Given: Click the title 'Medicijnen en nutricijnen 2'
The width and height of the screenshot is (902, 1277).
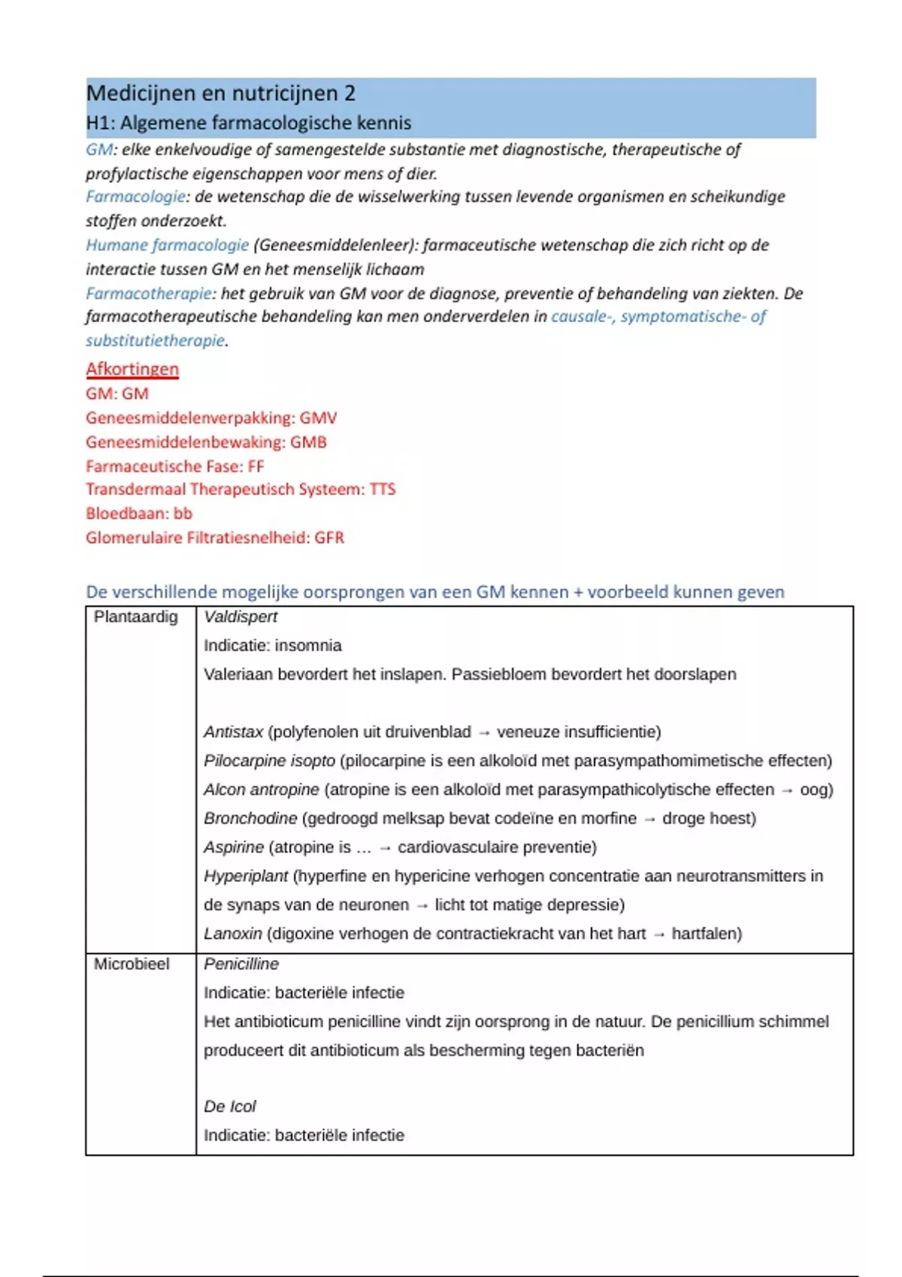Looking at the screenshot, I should (220, 93).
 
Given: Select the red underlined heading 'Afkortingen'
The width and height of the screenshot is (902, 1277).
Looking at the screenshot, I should (132, 369).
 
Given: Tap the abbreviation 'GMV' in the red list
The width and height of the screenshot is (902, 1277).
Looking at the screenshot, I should (319, 418).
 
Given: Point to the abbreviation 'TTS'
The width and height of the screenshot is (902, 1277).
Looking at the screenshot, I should (383, 489).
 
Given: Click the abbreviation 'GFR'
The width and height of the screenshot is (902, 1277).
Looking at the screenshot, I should (329, 538).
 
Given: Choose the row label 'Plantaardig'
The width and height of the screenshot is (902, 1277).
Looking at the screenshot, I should (135, 617).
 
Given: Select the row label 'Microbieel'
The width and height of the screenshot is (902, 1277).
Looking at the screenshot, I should (132, 964).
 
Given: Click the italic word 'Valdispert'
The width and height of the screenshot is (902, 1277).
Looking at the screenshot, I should (241, 617).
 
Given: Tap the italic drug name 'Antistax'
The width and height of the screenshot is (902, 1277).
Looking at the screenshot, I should (234, 732).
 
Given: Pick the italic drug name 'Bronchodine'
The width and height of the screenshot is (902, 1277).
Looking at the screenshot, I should (250, 818).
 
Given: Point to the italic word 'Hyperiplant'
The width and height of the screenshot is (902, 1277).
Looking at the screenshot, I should (246, 876).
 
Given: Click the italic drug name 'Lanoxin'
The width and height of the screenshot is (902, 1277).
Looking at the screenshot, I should (233, 934).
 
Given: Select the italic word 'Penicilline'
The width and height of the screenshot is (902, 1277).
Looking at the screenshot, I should (241, 964).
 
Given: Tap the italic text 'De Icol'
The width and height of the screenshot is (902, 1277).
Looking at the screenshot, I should (230, 1106).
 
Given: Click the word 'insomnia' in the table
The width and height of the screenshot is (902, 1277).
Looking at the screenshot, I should (308, 645).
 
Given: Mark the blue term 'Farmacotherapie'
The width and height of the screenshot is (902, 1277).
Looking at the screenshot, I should (148, 293).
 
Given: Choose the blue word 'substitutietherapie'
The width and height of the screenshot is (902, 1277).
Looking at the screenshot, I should (155, 340).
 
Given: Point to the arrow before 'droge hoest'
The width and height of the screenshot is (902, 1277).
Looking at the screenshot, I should (649, 819).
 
